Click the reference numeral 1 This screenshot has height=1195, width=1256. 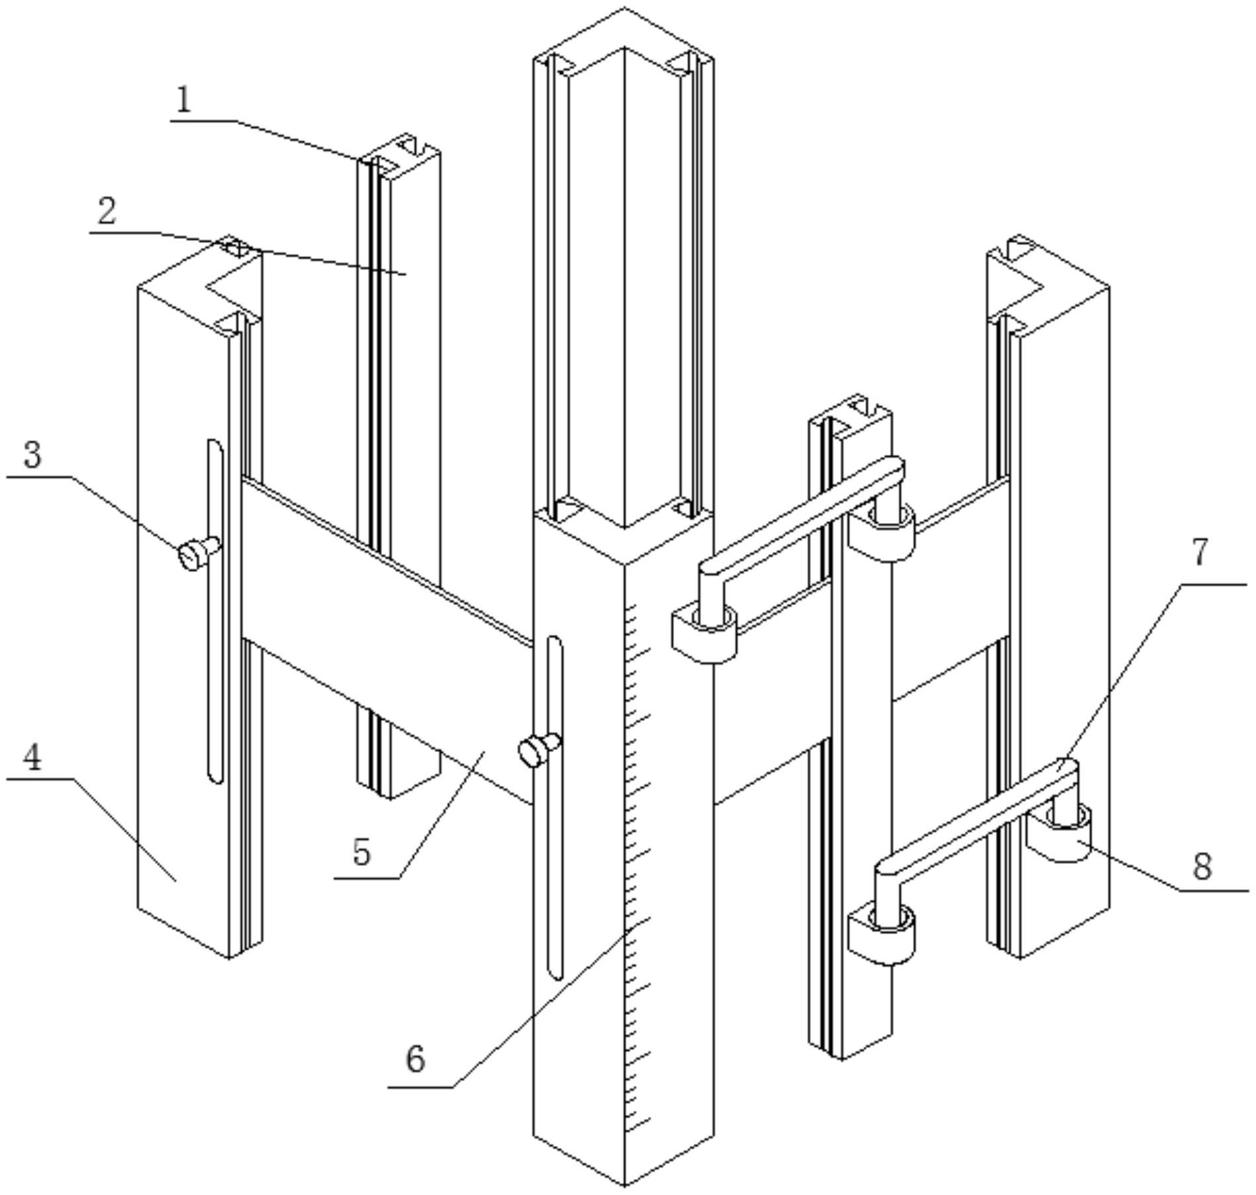click(x=183, y=101)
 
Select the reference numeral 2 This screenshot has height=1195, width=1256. click(x=106, y=211)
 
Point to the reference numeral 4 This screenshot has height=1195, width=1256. click(x=32, y=757)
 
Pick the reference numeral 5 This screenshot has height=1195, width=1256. click(x=362, y=852)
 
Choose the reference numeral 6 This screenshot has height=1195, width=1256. click(x=415, y=1059)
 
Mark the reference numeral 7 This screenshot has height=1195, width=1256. click(x=1200, y=552)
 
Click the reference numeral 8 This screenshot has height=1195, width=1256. click(x=1202, y=866)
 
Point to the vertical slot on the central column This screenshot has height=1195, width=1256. click(x=555, y=808)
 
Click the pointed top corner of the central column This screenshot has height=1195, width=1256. click(x=624, y=9)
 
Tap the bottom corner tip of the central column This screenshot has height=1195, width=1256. click(x=624, y=1185)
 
